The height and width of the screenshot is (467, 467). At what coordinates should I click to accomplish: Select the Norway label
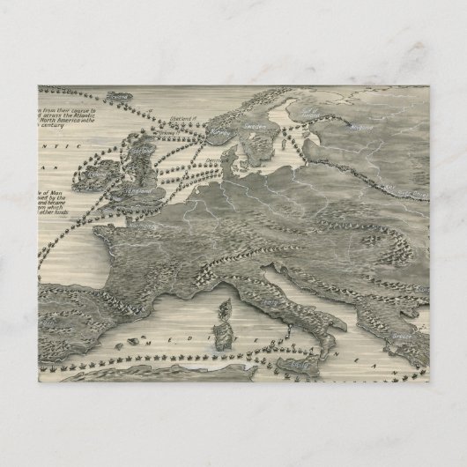tap(216, 134)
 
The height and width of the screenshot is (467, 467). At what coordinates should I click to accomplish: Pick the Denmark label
tap(214, 160)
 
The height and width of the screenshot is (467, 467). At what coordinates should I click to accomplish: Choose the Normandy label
tap(141, 225)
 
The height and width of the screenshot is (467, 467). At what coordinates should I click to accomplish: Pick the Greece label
tap(401, 337)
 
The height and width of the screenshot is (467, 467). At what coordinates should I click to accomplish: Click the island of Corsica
tap(224, 309)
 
